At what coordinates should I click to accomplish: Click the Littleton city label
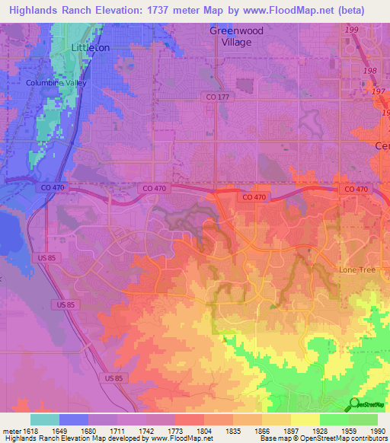pyautogui.click(x=90, y=47)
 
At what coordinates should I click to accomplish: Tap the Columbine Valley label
pyautogui.click(x=56, y=83)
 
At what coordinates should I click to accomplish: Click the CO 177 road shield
pyautogui.click(x=217, y=97)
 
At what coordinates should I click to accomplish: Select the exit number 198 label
pyautogui.click(x=369, y=71)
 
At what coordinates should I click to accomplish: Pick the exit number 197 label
pyautogui.click(x=378, y=91)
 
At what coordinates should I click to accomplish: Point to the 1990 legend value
pyautogui.click(x=377, y=431)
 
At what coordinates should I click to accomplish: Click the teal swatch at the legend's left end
pyautogui.click(x=44, y=419)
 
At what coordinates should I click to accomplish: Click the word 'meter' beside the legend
pyautogui.click(x=11, y=431)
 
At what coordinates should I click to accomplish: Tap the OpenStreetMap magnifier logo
pyautogui.click(x=354, y=405)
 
